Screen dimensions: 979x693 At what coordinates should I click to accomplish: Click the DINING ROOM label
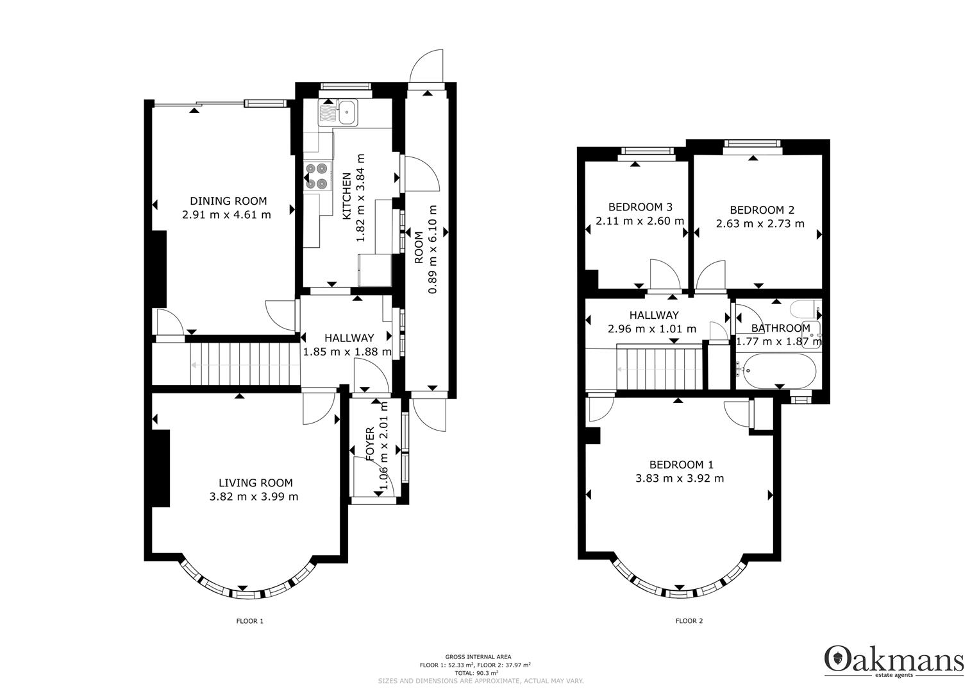click(228, 201)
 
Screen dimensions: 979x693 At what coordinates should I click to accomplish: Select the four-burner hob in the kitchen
click(317, 176)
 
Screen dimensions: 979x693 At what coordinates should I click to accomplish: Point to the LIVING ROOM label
click(256, 483)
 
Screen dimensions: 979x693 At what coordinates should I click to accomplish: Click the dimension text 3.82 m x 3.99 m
click(254, 497)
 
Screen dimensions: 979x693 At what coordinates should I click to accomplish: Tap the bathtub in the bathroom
click(775, 371)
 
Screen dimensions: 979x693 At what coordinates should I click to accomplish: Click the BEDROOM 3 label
click(640, 207)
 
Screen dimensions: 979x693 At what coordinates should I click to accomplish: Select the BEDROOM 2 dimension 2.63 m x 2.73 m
click(760, 223)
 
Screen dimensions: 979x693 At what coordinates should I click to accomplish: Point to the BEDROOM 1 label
click(682, 464)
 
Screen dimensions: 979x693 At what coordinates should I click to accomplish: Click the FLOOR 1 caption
click(250, 621)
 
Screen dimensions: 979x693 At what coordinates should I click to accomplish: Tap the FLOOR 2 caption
click(689, 620)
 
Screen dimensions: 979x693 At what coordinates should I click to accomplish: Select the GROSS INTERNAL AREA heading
click(478, 656)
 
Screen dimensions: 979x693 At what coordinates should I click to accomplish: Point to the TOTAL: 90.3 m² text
click(476, 673)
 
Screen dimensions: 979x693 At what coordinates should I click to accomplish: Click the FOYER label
click(370, 444)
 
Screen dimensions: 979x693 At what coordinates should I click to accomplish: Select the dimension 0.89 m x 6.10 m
click(432, 250)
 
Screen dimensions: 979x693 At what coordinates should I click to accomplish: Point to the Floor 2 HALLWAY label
click(654, 315)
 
